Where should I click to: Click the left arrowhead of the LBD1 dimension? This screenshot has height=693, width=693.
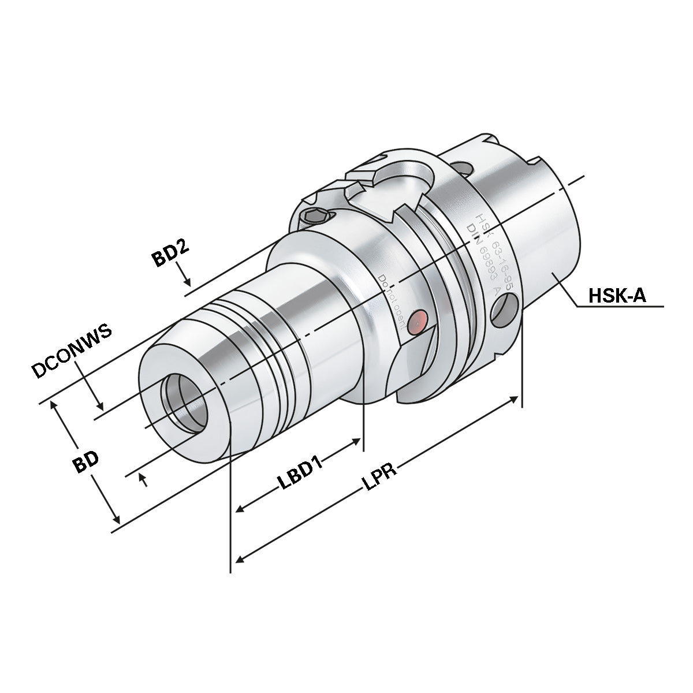pyautogui.click(x=240, y=510)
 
